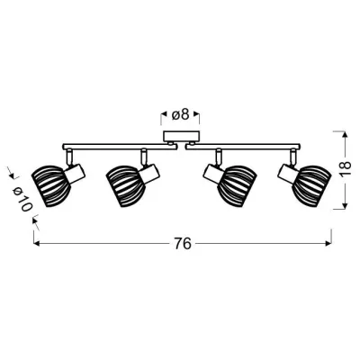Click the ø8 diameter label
[x=181, y=114]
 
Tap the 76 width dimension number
[x=182, y=244]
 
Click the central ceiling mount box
[x=176, y=138]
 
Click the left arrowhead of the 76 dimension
[x=36, y=244]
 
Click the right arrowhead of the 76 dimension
[x=327, y=244]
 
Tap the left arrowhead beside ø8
[x=164, y=114]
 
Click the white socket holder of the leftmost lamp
[x=76, y=171]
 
